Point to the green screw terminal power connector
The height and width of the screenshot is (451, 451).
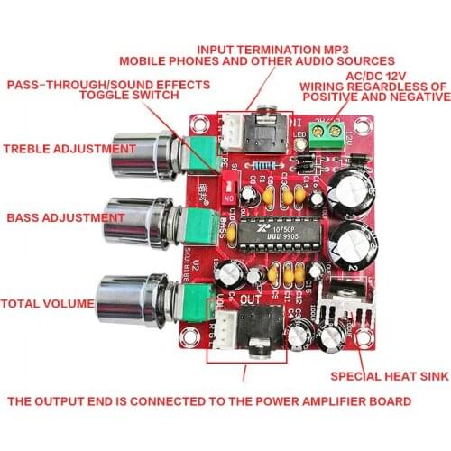(321, 129)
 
